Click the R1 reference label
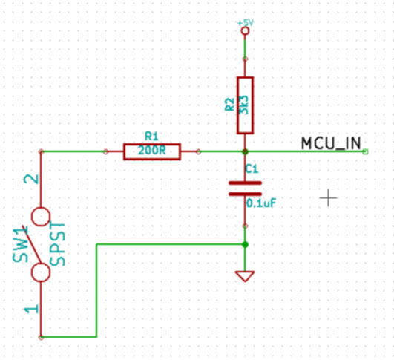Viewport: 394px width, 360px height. click(152, 137)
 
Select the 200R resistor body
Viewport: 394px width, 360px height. click(152, 151)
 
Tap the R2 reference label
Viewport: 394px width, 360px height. click(229, 105)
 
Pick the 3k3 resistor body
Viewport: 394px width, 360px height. click(245, 105)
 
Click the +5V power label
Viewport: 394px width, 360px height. click(246, 23)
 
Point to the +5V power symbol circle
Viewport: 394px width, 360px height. click(245, 31)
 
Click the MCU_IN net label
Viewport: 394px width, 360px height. click(331, 143)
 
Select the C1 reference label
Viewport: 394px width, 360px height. click(252, 169)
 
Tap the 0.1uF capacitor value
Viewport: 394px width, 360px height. click(261, 203)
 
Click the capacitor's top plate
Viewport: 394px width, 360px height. click(245, 183)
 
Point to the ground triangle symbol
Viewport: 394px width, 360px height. click(245, 276)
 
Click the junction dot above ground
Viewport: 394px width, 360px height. click(246, 244)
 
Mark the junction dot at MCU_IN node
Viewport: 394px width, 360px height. click(246, 151)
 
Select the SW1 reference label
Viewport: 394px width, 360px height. click(20, 244)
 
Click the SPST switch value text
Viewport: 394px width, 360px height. click(58, 244)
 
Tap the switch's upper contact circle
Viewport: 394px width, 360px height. click(41, 217)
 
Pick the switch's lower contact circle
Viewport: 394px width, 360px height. click(41, 272)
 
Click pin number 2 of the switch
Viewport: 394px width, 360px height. click(31, 179)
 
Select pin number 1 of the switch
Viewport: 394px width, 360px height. click(31, 309)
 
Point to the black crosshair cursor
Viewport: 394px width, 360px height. click(329, 198)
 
